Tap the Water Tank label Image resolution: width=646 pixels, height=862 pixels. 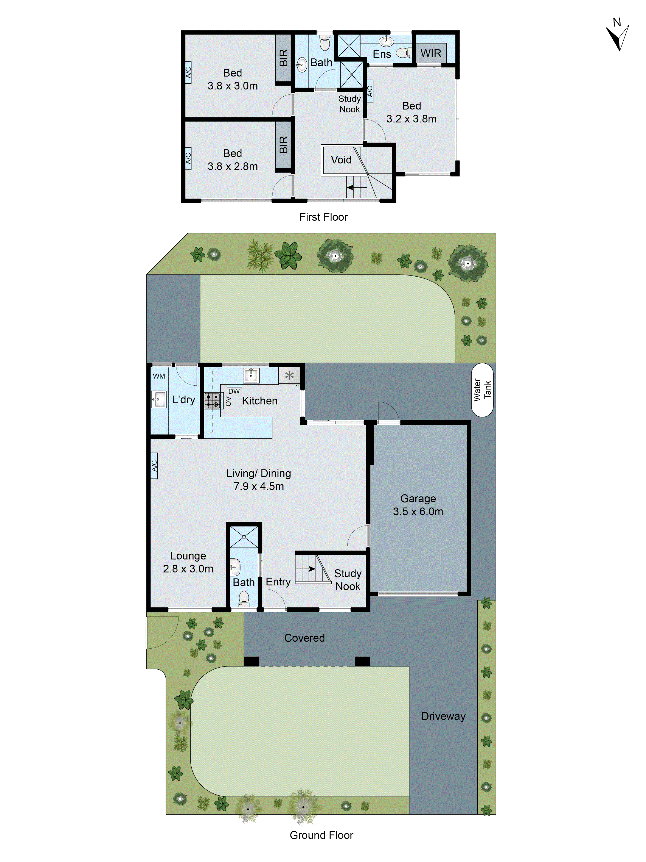[x=482, y=390]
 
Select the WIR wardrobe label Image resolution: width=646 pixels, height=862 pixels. [x=431, y=53]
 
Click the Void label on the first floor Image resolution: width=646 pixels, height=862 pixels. [x=341, y=160]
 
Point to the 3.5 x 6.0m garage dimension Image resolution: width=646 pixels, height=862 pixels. [x=418, y=512]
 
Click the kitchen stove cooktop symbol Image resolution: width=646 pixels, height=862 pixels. [x=212, y=400]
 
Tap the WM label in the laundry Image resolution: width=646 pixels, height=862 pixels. [x=159, y=376]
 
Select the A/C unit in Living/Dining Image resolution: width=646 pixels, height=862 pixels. [x=154, y=465]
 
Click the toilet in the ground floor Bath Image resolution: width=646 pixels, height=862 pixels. [x=244, y=598]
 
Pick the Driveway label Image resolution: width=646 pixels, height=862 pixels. [x=443, y=716]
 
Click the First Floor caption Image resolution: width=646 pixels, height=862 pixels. [x=323, y=217]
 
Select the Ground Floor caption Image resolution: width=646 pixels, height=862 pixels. [x=321, y=835]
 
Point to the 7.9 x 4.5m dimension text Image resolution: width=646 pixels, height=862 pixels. [x=259, y=486]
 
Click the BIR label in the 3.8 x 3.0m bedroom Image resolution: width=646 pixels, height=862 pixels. [x=283, y=58]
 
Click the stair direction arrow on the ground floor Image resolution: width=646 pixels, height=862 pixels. [x=312, y=569]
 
